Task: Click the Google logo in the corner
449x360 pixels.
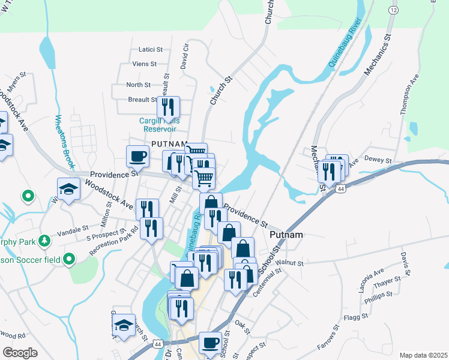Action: [x=20, y=353]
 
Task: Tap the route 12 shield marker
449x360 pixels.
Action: [x=393, y=10]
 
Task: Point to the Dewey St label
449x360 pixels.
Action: [x=379, y=161]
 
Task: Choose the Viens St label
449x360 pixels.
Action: [x=145, y=63]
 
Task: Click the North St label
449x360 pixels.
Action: [x=138, y=85]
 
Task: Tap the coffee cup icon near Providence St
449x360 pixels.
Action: [x=138, y=157]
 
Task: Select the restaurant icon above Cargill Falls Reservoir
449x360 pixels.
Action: [x=169, y=107]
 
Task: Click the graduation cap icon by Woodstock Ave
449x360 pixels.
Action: [x=68, y=189]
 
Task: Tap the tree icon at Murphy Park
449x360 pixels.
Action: [x=43, y=241]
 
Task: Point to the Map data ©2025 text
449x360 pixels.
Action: [x=423, y=355]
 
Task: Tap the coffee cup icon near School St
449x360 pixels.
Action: [x=210, y=343]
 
